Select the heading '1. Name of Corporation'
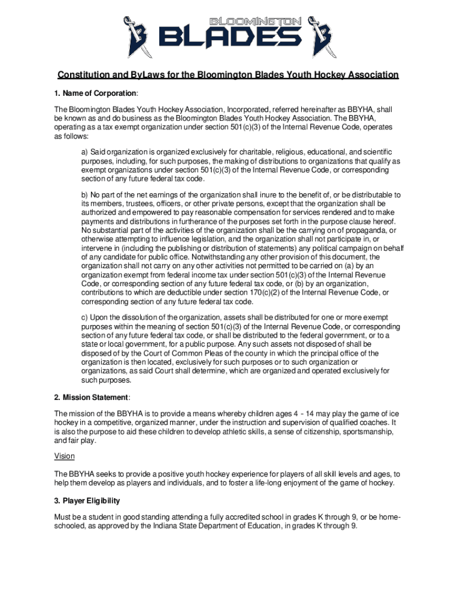point(96,94)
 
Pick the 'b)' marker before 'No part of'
point(84,195)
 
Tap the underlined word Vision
point(65,456)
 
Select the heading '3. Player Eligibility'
point(87,500)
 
